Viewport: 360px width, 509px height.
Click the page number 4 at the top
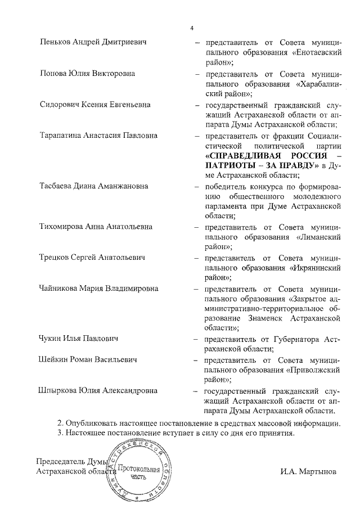tap(192, 28)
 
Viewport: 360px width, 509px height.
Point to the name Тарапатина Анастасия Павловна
tap(98, 136)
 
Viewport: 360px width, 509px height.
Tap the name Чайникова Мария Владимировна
tap(99, 289)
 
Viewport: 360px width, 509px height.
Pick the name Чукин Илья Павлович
tap(82, 340)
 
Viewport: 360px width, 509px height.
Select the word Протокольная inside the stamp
tap(138, 469)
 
